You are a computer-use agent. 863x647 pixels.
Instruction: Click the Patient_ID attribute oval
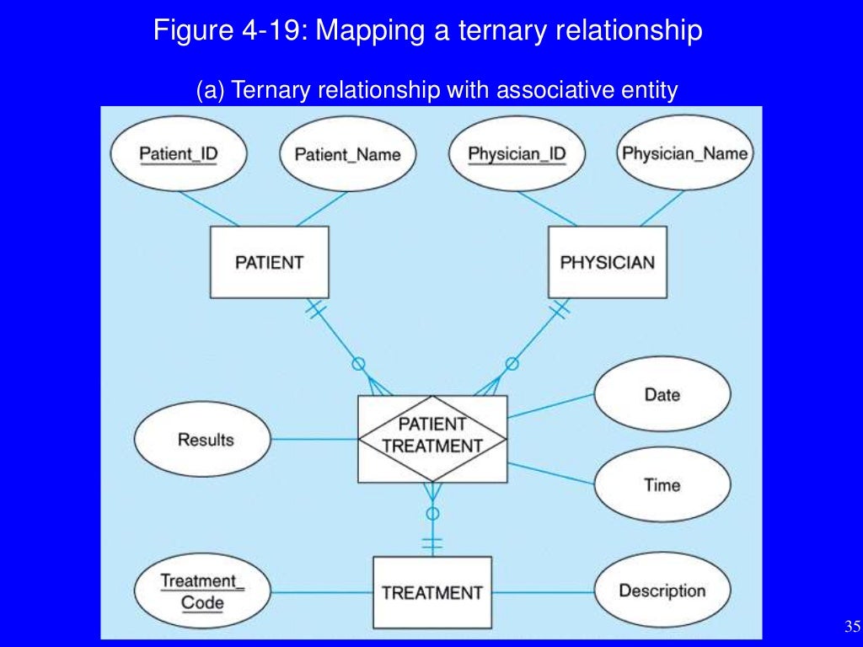(x=178, y=154)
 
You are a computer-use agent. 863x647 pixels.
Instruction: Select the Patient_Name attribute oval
(x=346, y=154)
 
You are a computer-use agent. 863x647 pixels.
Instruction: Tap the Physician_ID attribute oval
(x=516, y=154)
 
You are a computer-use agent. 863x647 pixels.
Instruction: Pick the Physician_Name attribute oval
(x=684, y=153)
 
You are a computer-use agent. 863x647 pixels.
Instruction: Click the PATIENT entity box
(x=269, y=262)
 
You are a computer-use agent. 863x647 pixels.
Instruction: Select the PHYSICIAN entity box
(x=607, y=262)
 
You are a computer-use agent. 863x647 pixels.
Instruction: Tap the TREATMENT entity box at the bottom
(x=432, y=592)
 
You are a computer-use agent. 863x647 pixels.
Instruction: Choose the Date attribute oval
(x=662, y=394)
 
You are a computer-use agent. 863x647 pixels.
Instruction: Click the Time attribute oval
(x=662, y=484)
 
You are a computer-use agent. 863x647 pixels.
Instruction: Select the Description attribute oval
(x=662, y=591)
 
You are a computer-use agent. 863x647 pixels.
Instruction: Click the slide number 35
(x=851, y=625)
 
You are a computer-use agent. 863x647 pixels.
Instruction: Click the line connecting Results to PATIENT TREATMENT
(x=314, y=439)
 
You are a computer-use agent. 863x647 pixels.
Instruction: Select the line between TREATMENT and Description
(x=543, y=591)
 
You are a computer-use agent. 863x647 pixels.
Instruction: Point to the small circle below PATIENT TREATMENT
(x=432, y=513)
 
